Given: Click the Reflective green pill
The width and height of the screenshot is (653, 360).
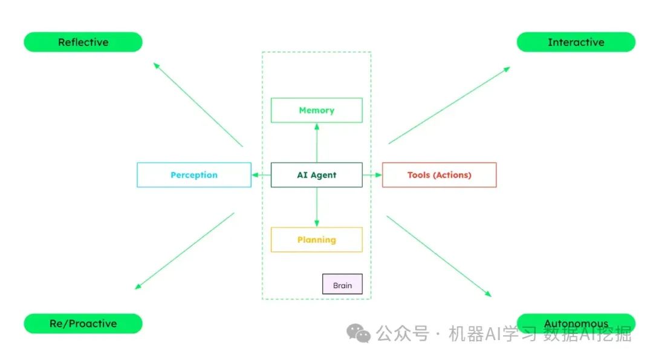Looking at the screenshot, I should (x=83, y=42).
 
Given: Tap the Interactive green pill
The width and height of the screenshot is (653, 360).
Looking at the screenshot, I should (x=576, y=42).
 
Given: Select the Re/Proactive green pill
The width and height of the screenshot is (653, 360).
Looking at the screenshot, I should (x=83, y=324).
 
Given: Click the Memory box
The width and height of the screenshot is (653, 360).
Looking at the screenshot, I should (x=316, y=110).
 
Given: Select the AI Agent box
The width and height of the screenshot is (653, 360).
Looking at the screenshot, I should (x=316, y=175).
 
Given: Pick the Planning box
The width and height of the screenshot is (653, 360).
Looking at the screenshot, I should (x=316, y=240).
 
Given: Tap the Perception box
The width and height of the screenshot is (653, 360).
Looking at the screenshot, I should (x=193, y=175).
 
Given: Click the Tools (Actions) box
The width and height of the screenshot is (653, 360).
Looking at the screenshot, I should (x=439, y=175).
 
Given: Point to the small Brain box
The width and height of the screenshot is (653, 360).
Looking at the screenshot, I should (x=342, y=284).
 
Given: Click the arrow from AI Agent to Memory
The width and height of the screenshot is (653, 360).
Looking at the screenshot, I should (x=316, y=143).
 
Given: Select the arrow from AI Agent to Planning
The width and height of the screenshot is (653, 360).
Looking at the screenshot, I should (x=316, y=207).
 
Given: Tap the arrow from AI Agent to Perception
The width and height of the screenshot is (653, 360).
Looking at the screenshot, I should (x=261, y=175).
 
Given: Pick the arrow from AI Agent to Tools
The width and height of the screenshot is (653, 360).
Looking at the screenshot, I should (x=372, y=175).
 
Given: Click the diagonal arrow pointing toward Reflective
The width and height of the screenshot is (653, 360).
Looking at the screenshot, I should (x=198, y=104).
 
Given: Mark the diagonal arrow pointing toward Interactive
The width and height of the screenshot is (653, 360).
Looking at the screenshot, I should (x=449, y=105).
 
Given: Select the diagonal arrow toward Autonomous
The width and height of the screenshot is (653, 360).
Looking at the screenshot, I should (x=439, y=257).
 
